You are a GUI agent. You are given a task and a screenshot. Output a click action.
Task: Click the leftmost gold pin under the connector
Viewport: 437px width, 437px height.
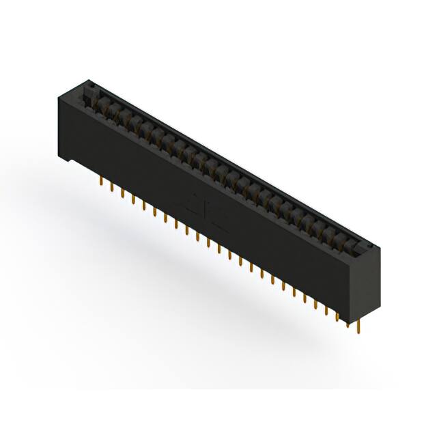[100, 182]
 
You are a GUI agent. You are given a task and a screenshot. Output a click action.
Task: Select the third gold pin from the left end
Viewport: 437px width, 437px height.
[122, 193]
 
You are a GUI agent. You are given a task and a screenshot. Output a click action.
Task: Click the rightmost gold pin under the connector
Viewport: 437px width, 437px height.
[357, 326]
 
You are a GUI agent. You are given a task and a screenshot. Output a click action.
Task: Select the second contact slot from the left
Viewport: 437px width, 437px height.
[108, 108]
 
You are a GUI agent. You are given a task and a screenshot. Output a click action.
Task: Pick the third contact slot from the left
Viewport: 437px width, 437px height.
[118, 113]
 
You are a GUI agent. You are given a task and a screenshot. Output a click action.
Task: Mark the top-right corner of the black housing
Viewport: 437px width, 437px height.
[378, 246]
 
